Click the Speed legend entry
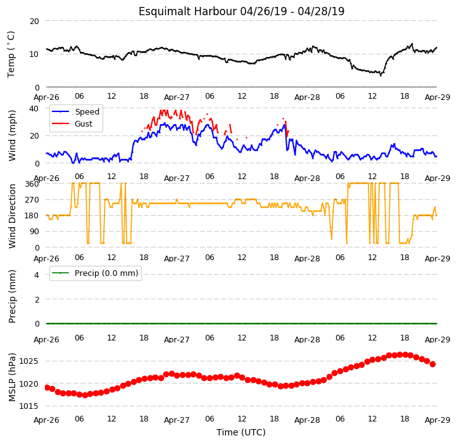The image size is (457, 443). point(87,111)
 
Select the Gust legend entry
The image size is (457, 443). point(84,123)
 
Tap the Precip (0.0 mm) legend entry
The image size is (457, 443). point(106,273)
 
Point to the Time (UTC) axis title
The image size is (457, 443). point(241,432)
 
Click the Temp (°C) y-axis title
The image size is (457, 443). point(11,54)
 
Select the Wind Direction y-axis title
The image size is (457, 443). point(12,216)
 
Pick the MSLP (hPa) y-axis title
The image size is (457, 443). point(11,377)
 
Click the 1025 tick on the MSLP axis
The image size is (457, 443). point(28,361)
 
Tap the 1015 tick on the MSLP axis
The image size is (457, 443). point(28,406)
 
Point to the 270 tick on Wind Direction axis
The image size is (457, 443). point(32,200)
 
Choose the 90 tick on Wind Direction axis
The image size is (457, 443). point(34,232)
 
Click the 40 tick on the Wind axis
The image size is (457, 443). point(34,109)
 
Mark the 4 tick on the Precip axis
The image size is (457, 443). point(37,275)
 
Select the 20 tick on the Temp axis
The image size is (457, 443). point(34,22)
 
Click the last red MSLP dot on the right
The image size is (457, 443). point(432,364)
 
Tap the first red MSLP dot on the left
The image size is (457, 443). point(47,387)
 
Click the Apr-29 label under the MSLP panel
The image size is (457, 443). point(437,420)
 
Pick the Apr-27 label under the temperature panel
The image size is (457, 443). point(177,97)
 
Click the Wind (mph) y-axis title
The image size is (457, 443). point(12,135)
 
